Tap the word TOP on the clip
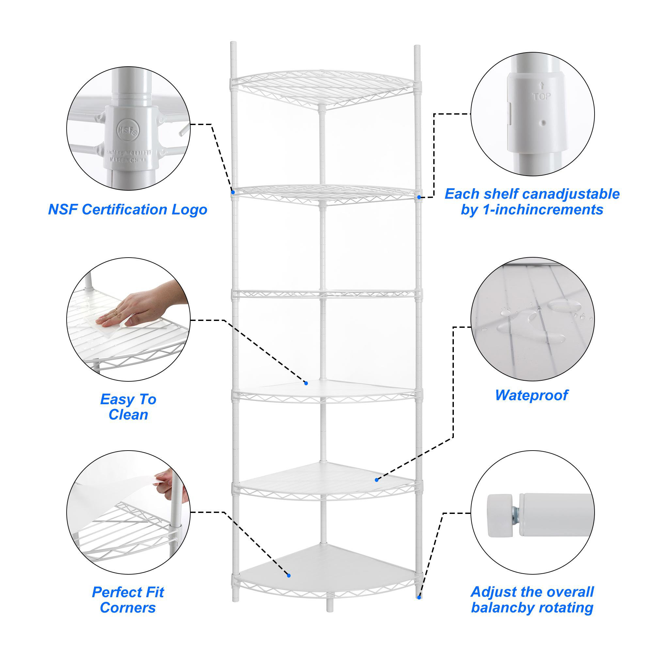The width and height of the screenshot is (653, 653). click(x=541, y=97)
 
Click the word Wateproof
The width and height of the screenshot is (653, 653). click(x=531, y=395)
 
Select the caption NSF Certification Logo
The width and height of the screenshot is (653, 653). click(x=127, y=210)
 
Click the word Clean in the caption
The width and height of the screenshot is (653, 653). click(x=128, y=415)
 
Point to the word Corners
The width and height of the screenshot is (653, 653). click(x=128, y=608)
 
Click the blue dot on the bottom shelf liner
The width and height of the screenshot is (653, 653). click(x=289, y=576)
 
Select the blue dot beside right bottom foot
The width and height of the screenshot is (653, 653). click(x=419, y=597)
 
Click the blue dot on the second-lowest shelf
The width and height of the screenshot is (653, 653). click(x=376, y=480)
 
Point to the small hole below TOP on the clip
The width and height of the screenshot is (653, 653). click(x=543, y=123)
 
